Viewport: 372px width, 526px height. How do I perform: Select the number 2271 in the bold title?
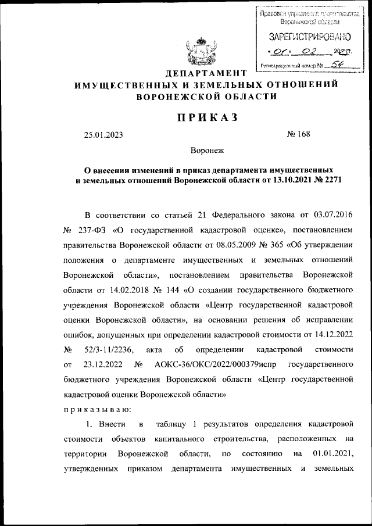pyautogui.click(x=330, y=181)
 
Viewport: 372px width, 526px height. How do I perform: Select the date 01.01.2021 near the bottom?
pyautogui.click(x=333, y=453)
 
